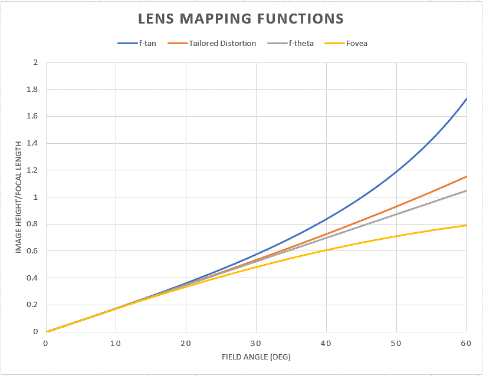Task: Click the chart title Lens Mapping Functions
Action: coord(241,18)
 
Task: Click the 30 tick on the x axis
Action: coord(256,342)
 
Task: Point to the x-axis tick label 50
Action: coord(396,342)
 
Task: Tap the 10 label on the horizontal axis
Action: coord(116,342)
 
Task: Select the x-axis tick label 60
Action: coord(466,342)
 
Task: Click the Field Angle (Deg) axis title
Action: coord(256,357)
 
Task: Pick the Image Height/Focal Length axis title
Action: coord(19,197)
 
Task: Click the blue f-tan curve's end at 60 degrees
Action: coord(466,98)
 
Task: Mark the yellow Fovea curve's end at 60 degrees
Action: coord(466,225)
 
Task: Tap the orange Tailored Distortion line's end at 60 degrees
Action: coord(466,176)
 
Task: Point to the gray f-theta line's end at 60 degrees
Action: coord(466,190)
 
